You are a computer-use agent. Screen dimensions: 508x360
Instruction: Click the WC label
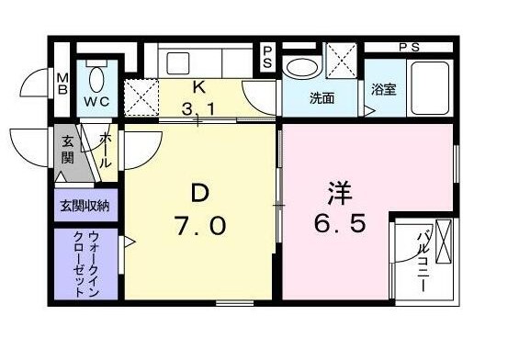pyautogui.click(x=96, y=102)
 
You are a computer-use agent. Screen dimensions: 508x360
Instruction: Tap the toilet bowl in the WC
pyautogui.click(x=96, y=80)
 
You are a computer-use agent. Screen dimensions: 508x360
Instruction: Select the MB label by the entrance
pyautogui.click(x=62, y=84)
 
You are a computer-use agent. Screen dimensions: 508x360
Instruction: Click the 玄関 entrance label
pyautogui.click(x=68, y=150)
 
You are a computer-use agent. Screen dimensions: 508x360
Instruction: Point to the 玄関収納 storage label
pyautogui.click(x=85, y=206)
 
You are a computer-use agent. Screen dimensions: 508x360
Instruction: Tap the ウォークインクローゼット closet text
pyautogui.click(x=85, y=264)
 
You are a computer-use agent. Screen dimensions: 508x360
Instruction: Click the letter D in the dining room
pyautogui.click(x=199, y=194)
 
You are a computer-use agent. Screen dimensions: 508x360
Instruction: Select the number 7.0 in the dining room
pyautogui.click(x=199, y=225)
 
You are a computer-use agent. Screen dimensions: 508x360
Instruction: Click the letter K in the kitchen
pyautogui.click(x=199, y=87)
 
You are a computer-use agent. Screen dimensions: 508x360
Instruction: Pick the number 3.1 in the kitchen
pyautogui.click(x=198, y=109)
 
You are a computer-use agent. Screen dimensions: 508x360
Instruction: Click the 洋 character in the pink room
pyautogui.click(x=340, y=194)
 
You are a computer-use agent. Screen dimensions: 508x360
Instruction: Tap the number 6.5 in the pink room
pyautogui.click(x=340, y=223)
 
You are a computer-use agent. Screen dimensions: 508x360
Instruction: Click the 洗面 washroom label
pyautogui.click(x=322, y=98)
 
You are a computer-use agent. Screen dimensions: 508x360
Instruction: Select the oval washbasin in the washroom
pyautogui.click(x=302, y=68)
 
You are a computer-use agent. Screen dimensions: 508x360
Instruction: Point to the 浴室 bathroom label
pyautogui.click(x=384, y=89)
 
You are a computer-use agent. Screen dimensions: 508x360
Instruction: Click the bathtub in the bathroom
pyautogui.click(x=430, y=87)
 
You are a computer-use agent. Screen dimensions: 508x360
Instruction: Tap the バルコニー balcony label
pyautogui.click(x=423, y=260)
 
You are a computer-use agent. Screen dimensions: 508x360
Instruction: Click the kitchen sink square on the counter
pyautogui.click(x=177, y=63)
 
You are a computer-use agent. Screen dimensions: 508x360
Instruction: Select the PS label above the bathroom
pyautogui.click(x=409, y=48)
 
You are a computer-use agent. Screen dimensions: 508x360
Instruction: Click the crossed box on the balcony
pyautogui.click(x=443, y=242)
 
